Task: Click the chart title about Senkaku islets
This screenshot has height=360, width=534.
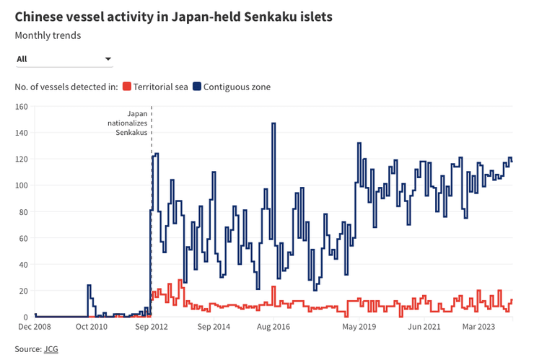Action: coord(173,17)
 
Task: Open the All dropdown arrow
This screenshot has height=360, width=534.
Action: coord(108,58)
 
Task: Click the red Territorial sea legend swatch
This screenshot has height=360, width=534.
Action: coord(127,87)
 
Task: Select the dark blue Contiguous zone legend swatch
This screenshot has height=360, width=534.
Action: coord(196,87)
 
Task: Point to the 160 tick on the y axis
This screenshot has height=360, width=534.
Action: coord(21,107)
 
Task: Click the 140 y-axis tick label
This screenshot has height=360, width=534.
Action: coord(21,133)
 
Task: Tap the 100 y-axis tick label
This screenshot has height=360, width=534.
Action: coord(21,185)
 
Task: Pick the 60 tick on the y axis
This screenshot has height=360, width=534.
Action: coord(23,238)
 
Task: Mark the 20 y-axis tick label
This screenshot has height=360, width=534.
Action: coord(23,291)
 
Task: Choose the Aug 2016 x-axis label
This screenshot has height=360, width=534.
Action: coord(273,327)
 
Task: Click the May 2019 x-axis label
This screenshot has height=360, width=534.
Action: coord(359,327)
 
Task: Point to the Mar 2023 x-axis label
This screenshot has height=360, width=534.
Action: coord(478,327)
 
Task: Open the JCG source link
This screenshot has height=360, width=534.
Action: coord(51,349)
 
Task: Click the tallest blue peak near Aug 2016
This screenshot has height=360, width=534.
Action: coord(273,124)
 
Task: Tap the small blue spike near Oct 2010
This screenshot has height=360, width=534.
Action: coord(89,286)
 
